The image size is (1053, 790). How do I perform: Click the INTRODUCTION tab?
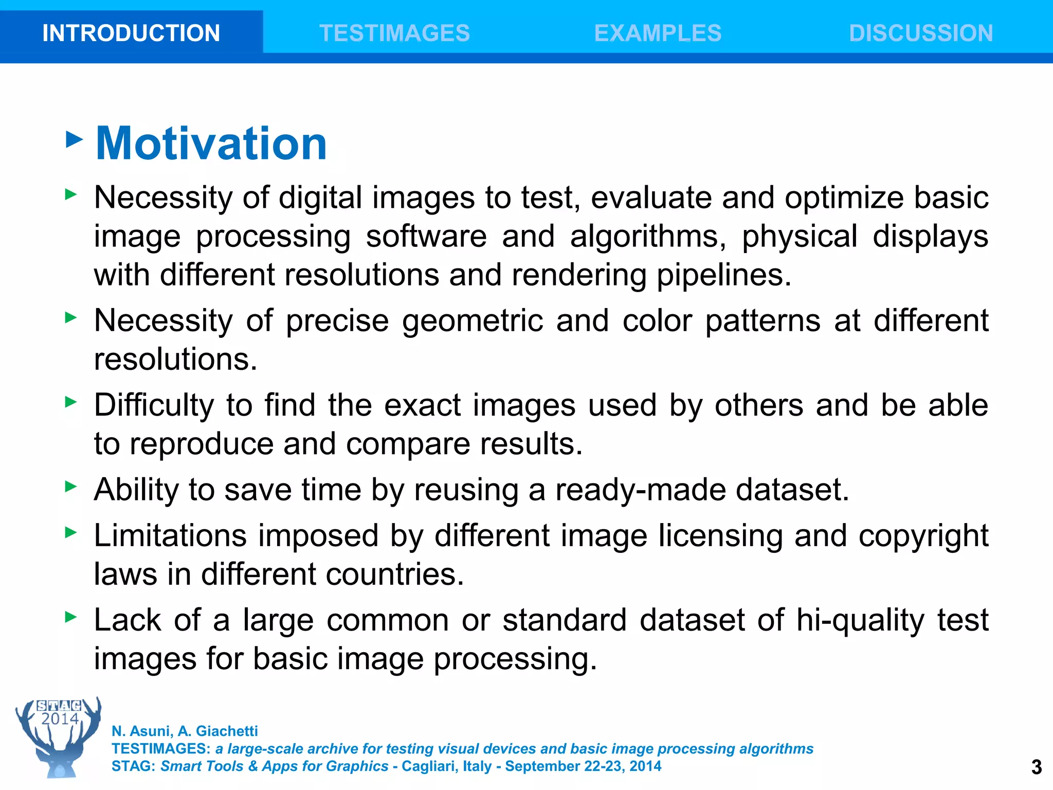point(131,33)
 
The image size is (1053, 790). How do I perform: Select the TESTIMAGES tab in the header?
point(394,33)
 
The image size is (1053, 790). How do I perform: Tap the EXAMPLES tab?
point(658,33)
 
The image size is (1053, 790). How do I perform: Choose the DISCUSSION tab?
point(921,33)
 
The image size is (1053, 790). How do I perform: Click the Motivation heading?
point(211,143)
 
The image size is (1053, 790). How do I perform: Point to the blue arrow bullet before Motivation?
point(75,139)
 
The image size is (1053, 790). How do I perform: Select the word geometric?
point(472,321)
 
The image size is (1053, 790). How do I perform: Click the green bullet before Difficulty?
point(71,402)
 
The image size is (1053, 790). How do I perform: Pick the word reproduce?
point(201,444)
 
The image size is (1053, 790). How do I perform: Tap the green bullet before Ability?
point(71,486)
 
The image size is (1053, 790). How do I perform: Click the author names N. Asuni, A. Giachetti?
point(185,731)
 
